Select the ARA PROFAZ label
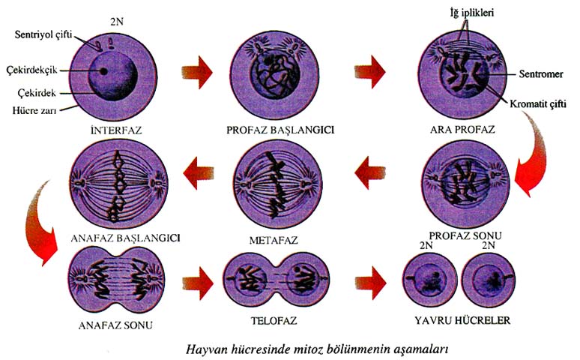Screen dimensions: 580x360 458,129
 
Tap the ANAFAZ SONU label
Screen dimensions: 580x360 111,325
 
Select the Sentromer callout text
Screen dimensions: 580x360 528,74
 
